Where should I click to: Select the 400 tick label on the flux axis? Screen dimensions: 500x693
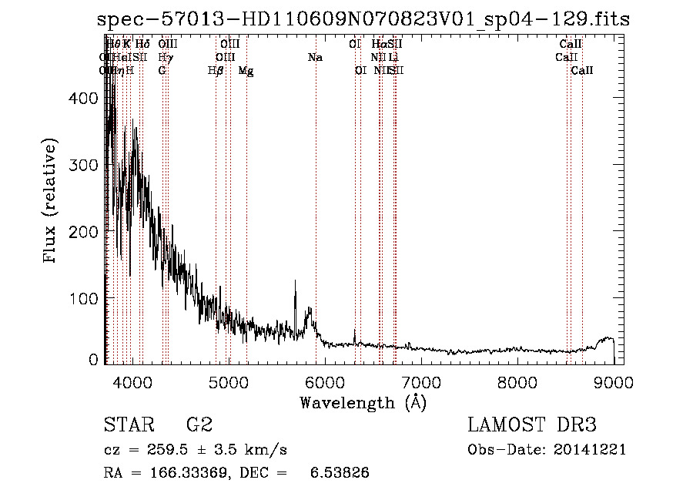[x=85, y=99]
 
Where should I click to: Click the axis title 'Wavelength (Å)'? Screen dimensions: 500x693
[x=363, y=402]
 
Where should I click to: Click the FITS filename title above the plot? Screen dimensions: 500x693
[x=363, y=20]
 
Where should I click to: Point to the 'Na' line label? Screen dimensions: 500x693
[x=315, y=57]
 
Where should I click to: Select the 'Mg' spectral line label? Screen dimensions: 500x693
[x=246, y=70]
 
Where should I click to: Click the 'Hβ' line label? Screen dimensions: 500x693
[x=216, y=70]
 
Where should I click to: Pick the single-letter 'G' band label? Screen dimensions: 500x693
[x=162, y=70]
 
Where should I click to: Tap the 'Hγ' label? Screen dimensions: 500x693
[x=165, y=57]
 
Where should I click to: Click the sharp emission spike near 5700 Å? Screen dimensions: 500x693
[x=295, y=283]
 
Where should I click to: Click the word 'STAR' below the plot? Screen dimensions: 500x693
[x=128, y=425]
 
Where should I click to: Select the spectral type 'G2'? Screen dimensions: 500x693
[x=199, y=425]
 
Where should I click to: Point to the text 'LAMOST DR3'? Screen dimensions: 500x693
[x=532, y=425]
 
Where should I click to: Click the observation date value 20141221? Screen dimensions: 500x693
[x=592, y=450]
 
